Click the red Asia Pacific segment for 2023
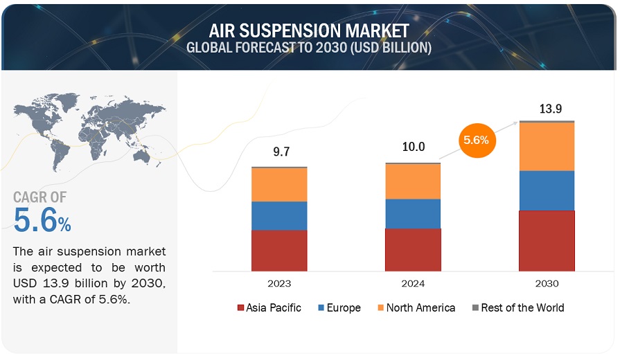click(x=279, y=251)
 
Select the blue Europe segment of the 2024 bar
click(x=413, y=214)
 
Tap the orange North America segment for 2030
click(x=547, y=147)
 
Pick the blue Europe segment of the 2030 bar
click(x=547, y=190)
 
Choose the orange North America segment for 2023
click(x=279, y=185)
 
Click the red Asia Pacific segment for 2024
click(x=413, y=250)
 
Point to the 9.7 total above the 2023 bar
click(x=281, y=152)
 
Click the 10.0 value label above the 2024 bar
click(x=414, y=147)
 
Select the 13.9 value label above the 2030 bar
click(x=551, y=108)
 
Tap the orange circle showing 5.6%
click(x=477, y=141)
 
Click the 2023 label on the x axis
click(x=279, y=283)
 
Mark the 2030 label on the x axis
click(x=547, y=283)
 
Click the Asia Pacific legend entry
click(x=269, y=307)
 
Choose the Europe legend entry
click(x=339, y=307)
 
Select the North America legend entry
click(x=416, y=307)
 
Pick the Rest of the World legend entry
click(x=518, y=307)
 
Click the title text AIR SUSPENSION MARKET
click(x=309, y=30)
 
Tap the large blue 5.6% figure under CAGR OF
click(x=42, y=220)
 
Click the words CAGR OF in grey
click(x=40, y=197)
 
